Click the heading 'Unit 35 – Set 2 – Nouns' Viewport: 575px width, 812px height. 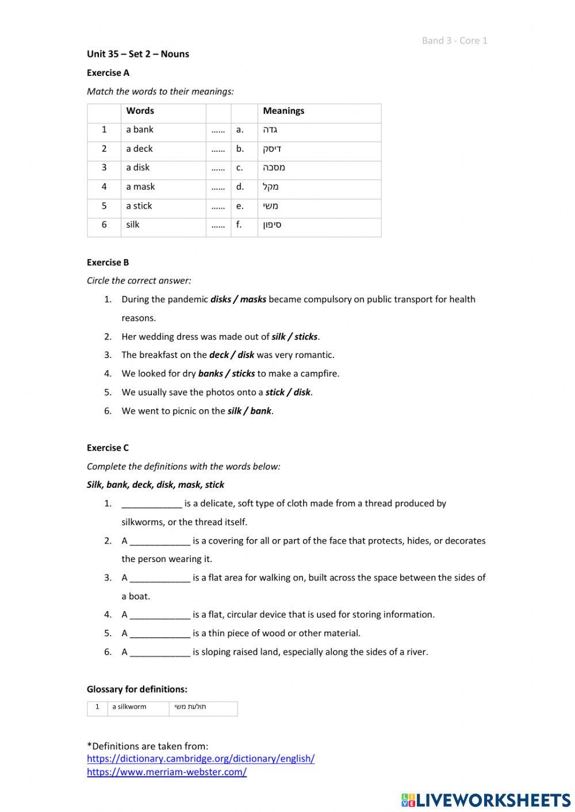(138, 54)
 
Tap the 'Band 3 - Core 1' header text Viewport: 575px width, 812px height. (454, 40)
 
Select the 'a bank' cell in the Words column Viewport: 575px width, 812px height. (140, 130)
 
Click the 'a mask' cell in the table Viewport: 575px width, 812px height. (140, 187)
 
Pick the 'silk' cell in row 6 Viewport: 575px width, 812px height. (133, 225)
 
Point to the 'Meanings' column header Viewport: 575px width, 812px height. (283, 111)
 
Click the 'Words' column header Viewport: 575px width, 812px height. (140, 111)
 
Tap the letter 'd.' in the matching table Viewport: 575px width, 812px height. (240, 187)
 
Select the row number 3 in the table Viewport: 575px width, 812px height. (104, 168)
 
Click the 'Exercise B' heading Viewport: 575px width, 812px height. (108, 263)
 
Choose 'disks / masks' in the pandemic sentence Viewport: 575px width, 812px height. (238, 299)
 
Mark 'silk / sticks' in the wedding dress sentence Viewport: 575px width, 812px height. (295, 337)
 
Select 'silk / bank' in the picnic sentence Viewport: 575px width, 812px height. (249, 411)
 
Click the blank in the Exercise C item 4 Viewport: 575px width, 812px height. (160, 615)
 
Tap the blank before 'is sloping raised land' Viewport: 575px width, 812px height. (160, 652)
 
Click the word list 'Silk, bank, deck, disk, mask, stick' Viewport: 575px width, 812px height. (155, 485)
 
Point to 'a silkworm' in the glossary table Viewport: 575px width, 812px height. (129, 707)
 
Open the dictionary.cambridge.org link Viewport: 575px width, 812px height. (201, 759)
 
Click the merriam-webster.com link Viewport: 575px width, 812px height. (167, 772)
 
